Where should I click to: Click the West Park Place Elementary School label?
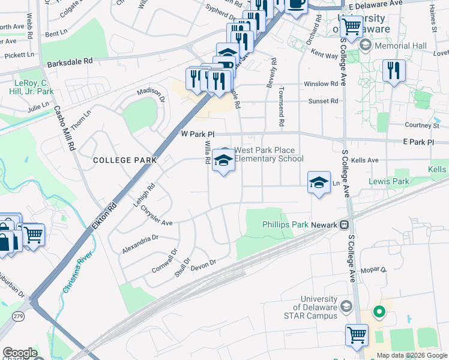point(268,154)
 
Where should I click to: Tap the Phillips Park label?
point(285,225)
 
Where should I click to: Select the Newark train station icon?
point(345,225)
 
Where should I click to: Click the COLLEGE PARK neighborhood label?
point(125,160)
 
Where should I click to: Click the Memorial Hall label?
point(401,46)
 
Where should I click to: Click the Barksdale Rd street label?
point(70,61)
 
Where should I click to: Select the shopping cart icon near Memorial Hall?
point(351,27)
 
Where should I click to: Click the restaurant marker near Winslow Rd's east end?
point(394,70)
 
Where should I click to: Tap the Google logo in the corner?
point(20,353)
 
